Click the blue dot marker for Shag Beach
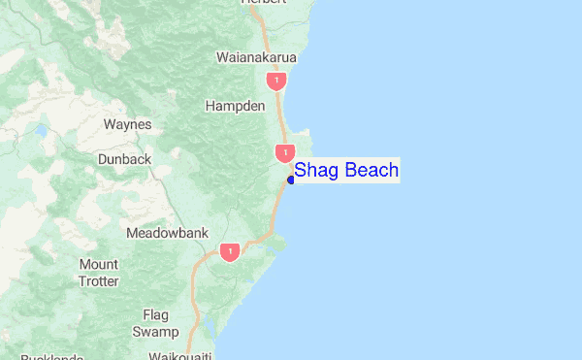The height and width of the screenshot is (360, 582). pos(291,180)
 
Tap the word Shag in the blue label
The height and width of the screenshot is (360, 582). pos(314,172)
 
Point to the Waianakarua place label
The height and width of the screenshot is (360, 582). pos(256,57)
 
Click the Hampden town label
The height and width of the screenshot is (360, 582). pos(236,106)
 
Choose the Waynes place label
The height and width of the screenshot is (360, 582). pos(127,124)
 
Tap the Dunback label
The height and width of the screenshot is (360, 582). pos(124,158)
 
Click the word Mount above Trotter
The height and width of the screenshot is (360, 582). pos(99,265)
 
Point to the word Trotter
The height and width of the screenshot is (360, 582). pos(99,281)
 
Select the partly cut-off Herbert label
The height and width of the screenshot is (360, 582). pos(265,3)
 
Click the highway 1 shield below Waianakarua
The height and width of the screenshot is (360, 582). pos(278,81)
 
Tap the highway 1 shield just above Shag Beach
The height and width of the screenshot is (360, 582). pos(284,152)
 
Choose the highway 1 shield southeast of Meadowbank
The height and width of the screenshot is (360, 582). pos(229,252)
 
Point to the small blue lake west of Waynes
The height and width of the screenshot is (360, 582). pos(42,129)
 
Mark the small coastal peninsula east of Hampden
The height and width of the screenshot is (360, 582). pos(307,135)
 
